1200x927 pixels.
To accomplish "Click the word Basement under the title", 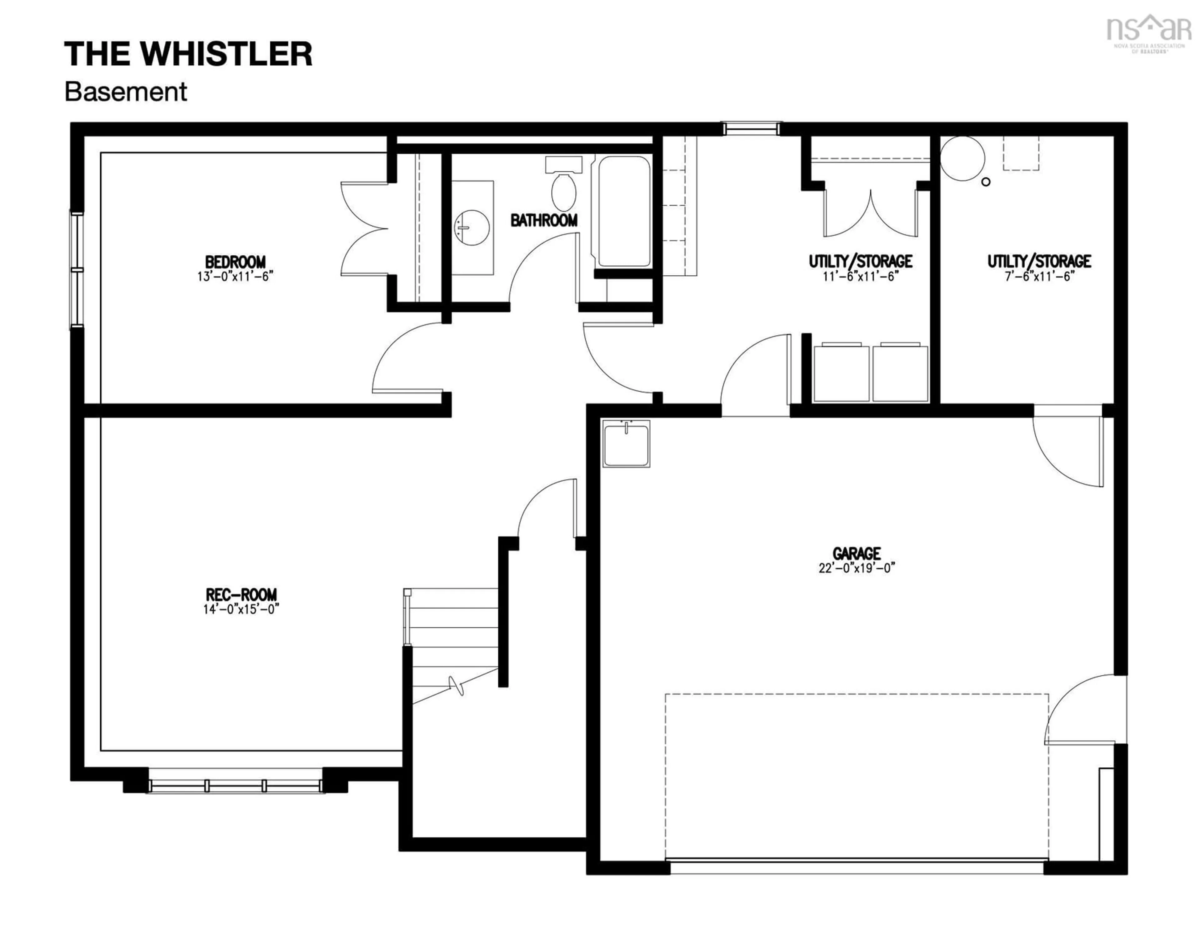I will pos(126,92).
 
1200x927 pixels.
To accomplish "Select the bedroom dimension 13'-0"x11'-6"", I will pos(235,276).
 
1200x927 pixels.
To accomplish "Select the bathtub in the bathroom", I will pos(624,212).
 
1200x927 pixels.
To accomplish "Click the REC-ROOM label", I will pos(241,594).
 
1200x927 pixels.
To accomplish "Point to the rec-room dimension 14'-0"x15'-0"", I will pos(241,609).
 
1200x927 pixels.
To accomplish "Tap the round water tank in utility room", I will pos(962,158).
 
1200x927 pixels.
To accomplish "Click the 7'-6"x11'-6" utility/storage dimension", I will pos(1039,276).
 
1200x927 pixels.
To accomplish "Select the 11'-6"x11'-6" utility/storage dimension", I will pos(860,276).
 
